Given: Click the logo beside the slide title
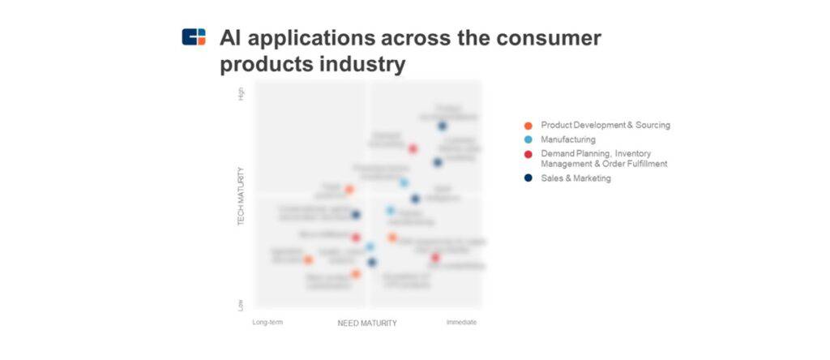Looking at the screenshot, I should coord(194,36).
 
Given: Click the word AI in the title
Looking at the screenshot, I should coord(233,38).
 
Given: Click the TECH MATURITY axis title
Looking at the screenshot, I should coord(241,197).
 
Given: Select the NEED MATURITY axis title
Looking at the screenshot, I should coord(367,323).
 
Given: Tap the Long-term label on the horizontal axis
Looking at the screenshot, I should coord(267,322).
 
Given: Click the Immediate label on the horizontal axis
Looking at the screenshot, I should coord(461,322).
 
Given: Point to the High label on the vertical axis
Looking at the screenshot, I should coord(241,94).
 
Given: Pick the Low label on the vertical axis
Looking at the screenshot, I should coord(241,305).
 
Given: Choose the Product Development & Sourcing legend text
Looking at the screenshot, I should coord(605,125).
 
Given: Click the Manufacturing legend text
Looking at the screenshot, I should coord(567,139).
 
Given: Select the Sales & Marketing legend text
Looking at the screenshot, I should coord(575,178).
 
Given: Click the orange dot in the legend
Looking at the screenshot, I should coord(528,126).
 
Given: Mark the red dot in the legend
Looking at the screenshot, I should coord(528,154).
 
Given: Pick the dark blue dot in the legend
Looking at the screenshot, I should coord(528,178).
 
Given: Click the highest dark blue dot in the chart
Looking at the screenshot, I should coord(443,126).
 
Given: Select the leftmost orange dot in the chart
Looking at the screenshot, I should coord(308,259).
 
